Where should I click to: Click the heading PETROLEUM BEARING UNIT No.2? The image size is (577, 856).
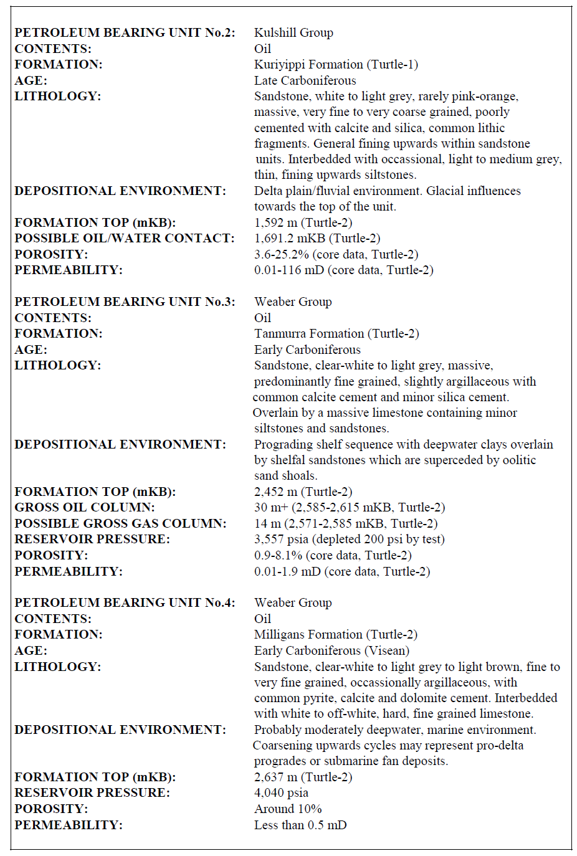[125, 32]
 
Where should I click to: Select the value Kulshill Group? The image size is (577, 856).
[293, 32]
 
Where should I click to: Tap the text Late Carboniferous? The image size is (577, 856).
[305, 80]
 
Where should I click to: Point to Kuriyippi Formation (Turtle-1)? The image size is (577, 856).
[336, 64]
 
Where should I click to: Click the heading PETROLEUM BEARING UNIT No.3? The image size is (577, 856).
[125, 302]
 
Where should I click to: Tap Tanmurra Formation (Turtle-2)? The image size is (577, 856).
[336, 333]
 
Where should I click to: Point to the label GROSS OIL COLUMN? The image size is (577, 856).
[85, 507]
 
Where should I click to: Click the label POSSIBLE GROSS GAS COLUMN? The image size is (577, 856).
[120, 523]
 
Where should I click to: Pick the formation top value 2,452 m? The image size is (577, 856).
[275, 492]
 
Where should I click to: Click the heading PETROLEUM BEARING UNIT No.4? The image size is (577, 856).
[125, 602]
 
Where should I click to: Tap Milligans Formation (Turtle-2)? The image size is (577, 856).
[336, 634]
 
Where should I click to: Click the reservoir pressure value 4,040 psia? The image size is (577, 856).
[281, 792]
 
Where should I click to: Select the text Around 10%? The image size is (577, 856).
[288, 809]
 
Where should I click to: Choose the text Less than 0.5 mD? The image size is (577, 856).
[300, 825]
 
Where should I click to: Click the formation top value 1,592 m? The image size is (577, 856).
[275, 222]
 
